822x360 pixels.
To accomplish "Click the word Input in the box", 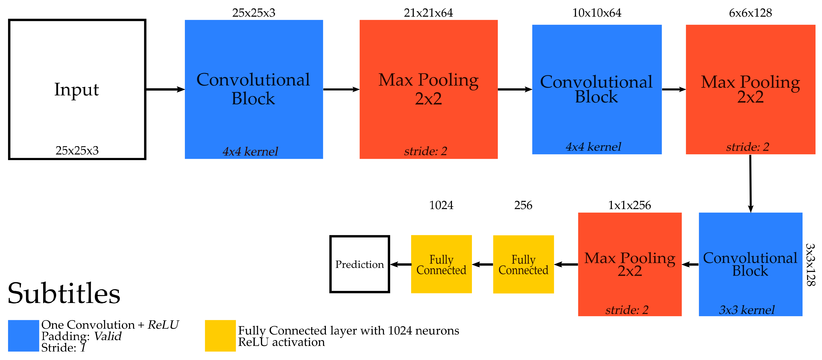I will click(x=77, y=90).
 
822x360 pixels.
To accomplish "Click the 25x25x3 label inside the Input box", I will click(x=77, y=150).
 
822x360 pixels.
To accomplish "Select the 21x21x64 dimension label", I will click(x=428, y=13).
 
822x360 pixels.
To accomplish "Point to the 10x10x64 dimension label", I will click(x=597, y=13).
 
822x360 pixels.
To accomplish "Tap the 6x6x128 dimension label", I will click(x=750, y=13).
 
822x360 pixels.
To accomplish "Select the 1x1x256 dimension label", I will click(x=629, y=205).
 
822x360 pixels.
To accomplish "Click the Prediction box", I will click(x=360, y=264).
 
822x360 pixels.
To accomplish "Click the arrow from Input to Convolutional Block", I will click(x=165, y=89).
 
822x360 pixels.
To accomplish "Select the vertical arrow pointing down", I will click(x=750, y=184).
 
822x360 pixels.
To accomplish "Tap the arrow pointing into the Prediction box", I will click(x=400, y=264).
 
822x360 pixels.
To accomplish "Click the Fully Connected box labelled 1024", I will click(x=441, y=264).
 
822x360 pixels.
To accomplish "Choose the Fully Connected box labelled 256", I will click(x=523, y=264).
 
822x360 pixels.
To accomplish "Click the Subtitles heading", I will click(x=64, y=293).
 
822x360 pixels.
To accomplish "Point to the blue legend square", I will click(x=23, y=336).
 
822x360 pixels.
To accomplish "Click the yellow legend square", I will click(x=220, y=336).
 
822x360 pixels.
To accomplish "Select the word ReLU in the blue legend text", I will click(x=163, y=325).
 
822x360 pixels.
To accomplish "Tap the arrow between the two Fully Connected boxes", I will click(x=482, y=264).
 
